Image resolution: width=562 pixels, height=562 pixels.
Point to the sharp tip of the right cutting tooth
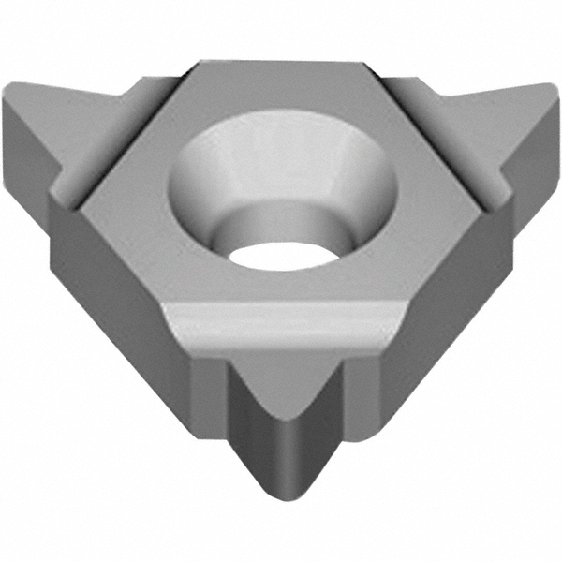click(553, 90)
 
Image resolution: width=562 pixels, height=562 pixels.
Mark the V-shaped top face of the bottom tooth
click(281, 375)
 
